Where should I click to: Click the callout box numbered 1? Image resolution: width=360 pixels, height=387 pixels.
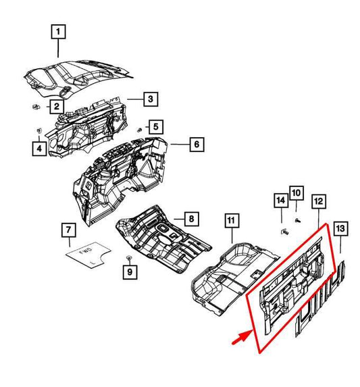click(x=58, y=32)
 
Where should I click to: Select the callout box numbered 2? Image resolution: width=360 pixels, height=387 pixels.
click(x=57, y=107)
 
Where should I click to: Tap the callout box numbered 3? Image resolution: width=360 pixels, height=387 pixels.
click(x=151, y=99)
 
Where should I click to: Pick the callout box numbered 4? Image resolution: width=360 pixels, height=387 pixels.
click(x=39, y=149)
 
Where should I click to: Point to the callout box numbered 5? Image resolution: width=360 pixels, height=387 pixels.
click(x=156, y=126)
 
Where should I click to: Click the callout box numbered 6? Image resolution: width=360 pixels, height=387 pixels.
click(x=197, y=144)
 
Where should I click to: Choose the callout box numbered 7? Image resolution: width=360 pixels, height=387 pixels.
click(x=69, y=230)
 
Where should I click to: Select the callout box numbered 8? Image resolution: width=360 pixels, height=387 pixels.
click(x=191, y=219)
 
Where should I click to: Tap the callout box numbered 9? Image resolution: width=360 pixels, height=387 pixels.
click(x=130, y=272)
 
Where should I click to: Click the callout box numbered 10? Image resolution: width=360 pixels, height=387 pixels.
click(x=297, y=192)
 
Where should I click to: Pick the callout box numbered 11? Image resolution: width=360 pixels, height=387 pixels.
click(x=232, y=220)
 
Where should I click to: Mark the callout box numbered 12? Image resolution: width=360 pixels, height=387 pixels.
click(x=319, y=201)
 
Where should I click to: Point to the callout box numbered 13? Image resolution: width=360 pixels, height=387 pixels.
click(x=340, y=228)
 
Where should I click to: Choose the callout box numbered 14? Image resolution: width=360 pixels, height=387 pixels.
click(x=281, y=200)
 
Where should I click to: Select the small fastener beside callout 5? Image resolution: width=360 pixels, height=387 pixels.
click(x=140, y=130)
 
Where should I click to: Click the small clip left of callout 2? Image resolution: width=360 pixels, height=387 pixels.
click(x=36, y=107)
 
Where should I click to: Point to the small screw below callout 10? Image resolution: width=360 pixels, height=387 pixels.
click(x=298, y=220)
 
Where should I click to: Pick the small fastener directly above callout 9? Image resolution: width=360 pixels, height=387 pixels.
click(x=129, y=258)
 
